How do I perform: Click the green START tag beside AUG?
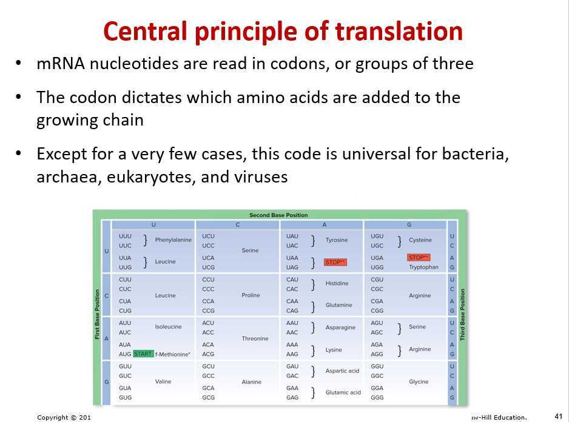click(x=143, y=354)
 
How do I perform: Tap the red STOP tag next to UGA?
click(x=419, y=258)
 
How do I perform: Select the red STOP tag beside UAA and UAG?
click(x=335, y=263)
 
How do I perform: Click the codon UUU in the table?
click(x=126, y=236)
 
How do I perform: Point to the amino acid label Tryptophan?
click(x=423, y=267)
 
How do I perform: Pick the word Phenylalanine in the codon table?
click(x=173, y=240)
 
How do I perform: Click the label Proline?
click(x=251, y=295)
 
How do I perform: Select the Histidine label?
click(x=337, y=284)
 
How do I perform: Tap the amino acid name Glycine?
click(x=419, y=382)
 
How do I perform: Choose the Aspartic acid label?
click(x=342, y=371)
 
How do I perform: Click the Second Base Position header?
click(x=278, y=215)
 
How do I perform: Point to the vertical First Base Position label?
click(x=97, y=314)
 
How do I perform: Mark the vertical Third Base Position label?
click(x=462, y=314)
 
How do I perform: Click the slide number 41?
click(x=559, y=416)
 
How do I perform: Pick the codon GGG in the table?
click(x=377, y=398)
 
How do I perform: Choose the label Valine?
click(x=163, y=382)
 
